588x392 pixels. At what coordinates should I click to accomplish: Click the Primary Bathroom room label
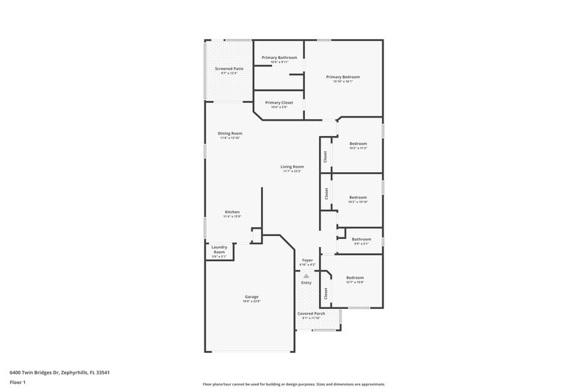[x=279, y=57]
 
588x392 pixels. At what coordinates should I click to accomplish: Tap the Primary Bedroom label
[x=343, y=76]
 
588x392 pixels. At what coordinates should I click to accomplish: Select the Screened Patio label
[x=229, y=68]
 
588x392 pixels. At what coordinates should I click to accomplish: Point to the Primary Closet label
[x=279, y=102]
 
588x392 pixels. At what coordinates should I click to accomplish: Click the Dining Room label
[x=230, y=133]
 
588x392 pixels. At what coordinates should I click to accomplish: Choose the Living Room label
[x=292, y=167]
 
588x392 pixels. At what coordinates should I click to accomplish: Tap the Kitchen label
[x=232, y=212]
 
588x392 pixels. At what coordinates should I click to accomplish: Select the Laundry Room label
[x=219, y=249]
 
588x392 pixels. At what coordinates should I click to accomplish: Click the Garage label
[x=251, y=297]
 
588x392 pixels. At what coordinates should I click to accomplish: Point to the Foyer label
[x=307, y=260]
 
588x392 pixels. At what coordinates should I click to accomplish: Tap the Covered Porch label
[x=312, y=313]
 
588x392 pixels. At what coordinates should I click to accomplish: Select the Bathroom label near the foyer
[x=361, y=238]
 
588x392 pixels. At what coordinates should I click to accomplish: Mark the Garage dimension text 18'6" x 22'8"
[x=251, y=302]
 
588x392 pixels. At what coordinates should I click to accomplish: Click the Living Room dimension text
[x=292, y=171]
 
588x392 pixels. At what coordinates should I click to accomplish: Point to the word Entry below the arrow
[x=306, y=282]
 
